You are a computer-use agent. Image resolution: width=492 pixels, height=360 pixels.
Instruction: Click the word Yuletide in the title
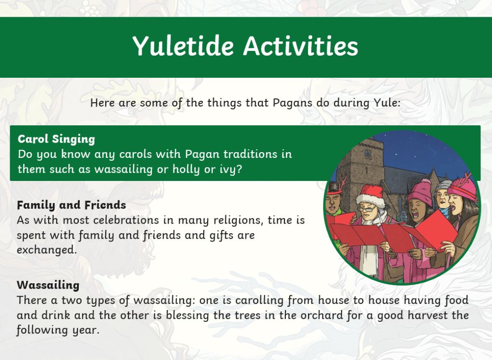[x=184, y=46]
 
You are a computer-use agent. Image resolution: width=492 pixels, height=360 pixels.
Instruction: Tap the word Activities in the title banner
[x=301, y=46]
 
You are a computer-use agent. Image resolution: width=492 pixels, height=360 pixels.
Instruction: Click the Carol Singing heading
[x=56, y=139]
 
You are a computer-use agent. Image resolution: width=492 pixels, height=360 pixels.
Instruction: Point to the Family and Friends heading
[x=71, y=205]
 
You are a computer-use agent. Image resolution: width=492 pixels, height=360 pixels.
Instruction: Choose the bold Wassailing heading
[x=48, y=285]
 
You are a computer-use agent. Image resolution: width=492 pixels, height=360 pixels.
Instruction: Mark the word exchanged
[x=47, y=250]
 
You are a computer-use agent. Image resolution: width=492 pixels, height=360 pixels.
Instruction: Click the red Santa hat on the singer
[x=371, y=195]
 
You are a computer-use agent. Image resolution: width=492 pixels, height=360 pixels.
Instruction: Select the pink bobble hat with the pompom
[x=420, y=192]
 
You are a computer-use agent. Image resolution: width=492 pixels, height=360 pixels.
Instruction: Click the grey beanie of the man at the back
[x=443, y=185]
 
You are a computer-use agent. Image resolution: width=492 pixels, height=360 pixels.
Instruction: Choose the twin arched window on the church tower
[x=368, y=154]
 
